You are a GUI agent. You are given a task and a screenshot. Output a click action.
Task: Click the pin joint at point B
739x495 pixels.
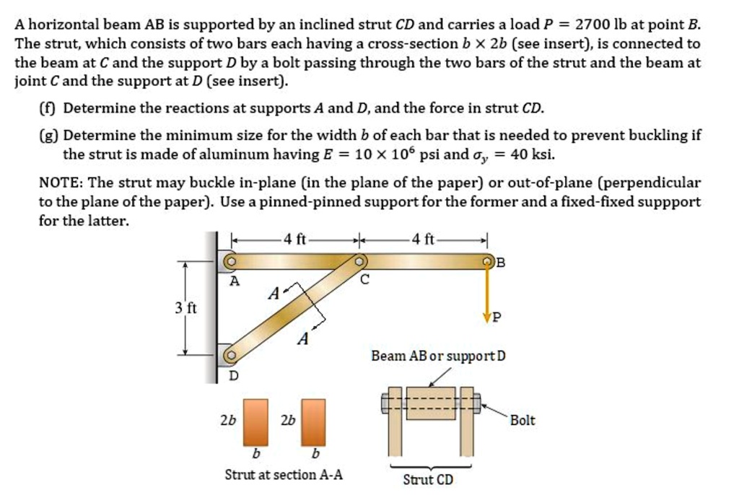[488, 261]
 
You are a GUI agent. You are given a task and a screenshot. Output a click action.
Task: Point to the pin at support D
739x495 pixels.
[230, 355]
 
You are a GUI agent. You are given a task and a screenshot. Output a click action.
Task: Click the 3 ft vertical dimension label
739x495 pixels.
[185, 309]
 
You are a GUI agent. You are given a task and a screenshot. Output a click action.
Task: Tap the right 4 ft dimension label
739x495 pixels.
[423, 240]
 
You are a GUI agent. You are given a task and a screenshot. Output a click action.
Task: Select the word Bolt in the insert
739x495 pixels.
[522, 420]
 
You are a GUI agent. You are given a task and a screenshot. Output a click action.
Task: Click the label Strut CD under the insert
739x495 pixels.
[427, 479]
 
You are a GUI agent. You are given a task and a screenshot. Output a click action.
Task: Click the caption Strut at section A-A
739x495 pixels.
[284, 475]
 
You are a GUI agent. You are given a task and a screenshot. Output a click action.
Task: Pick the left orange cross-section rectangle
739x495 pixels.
[255, 421]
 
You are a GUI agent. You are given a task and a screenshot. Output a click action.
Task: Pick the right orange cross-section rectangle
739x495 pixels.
[313, 421]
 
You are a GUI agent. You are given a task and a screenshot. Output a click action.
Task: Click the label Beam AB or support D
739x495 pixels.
[438, 356]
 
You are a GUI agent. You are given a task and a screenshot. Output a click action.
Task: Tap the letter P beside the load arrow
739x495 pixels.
[494, 317]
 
